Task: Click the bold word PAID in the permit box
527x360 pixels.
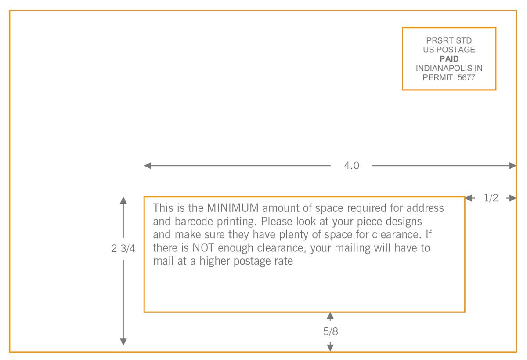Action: (x=449, y=59)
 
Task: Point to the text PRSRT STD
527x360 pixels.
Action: (x=449, y=41)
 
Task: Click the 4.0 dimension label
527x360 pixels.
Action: (x=351, y=166)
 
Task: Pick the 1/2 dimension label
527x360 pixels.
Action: (x=491, y=198)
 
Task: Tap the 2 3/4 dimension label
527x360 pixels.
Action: (x=123, y=248)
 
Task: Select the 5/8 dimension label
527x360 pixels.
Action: (x=331, y=331)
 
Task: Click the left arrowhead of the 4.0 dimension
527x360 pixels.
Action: (x=148, y=166)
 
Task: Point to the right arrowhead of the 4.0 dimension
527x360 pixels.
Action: (x=513, y=166)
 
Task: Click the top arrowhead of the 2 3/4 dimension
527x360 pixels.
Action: (x=123, y=200)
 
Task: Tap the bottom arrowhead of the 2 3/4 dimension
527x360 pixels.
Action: (x=123, y=342)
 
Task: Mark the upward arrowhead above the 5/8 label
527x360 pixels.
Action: (x=331, y=316)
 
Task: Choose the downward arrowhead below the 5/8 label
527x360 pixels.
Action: (x=331, y=347)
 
